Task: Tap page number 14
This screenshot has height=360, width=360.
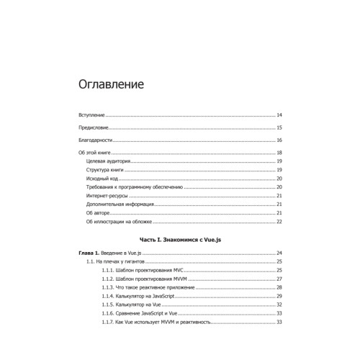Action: coord(279,115)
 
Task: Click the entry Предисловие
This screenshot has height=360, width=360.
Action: coord(94,127)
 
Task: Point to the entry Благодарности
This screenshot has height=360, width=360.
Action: coord(96,140)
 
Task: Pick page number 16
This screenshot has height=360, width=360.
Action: coord(279,140)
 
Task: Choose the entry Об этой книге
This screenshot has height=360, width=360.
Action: coord(96,153)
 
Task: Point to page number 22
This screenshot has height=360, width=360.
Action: coord(279,222)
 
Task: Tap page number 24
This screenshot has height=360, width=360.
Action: coord(279,253)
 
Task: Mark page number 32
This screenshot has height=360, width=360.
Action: coord(279,305)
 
